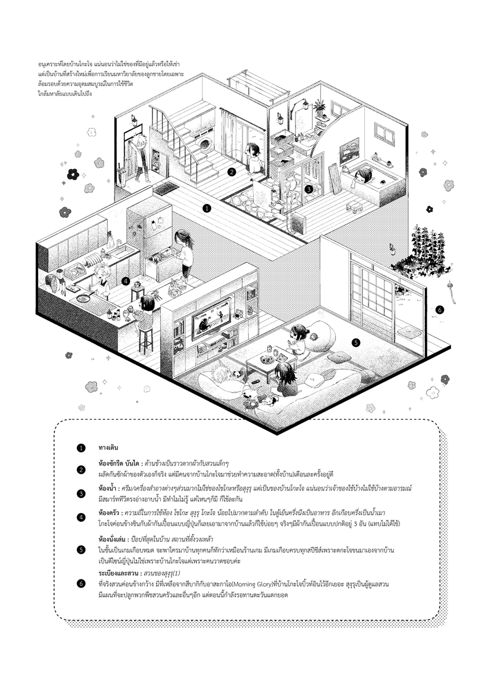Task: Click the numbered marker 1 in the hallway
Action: pos(207,207)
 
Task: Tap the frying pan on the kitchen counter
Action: pos(83,299)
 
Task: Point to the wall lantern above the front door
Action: pos(134,120)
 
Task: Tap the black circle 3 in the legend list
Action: pos(82,493)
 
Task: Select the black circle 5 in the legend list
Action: pos(82,549)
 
